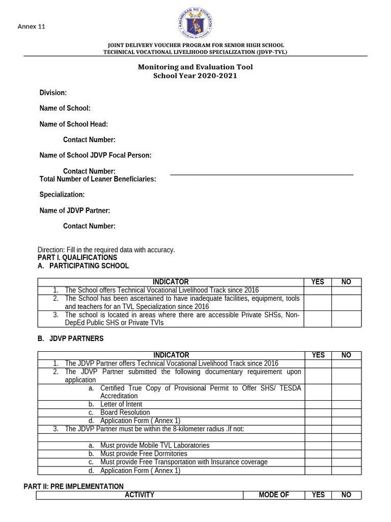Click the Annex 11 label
click(x=32, y=27)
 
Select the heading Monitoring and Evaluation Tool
click(x=195, y=67)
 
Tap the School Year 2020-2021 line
click(x=195, y=76)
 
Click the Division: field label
click(x=53, y=92)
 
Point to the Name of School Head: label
click(x=74, y=124)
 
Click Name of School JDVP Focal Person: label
click(x=95, y=155)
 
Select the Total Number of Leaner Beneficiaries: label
click(x=98, y=179)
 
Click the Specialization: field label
click(x=62, y=195)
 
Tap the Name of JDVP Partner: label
click(x=75, y=211)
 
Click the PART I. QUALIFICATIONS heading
click(x=77, y=257)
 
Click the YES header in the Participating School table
click(x=318, y=282)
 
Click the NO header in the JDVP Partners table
click(x=346, y=355)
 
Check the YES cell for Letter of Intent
click(x=318, y=404)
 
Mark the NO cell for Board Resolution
click(x=346, y=412)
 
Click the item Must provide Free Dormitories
click(x=144, y=454)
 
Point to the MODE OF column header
click(x=273, y=495)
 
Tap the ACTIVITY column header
click(x=139, y=495)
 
